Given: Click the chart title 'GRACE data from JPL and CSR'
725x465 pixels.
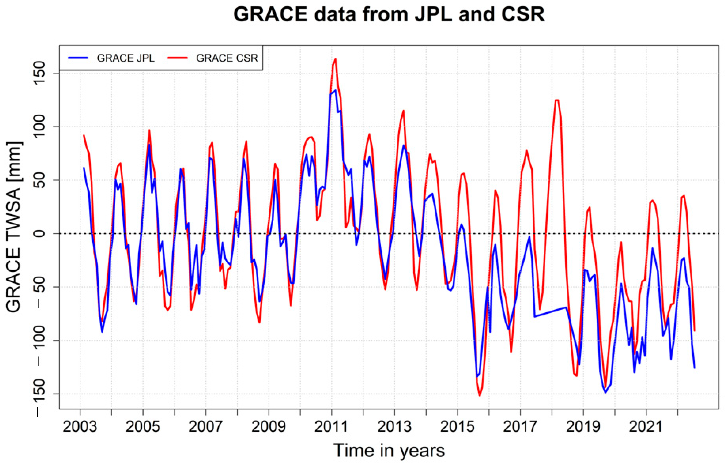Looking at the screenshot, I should pos(389,14).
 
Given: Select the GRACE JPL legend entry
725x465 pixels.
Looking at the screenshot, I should pos(125,58).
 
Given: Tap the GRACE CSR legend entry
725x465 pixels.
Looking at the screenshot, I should pos(227,58).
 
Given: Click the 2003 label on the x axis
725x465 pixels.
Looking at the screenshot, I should pos(80,427).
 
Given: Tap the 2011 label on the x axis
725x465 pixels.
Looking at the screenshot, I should pos(331,427).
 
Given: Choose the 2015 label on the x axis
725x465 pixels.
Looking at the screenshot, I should pos(457,427).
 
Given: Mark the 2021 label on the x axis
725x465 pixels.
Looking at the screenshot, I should pos(646,427).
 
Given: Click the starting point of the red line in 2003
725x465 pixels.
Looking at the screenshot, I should pos(84,135).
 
